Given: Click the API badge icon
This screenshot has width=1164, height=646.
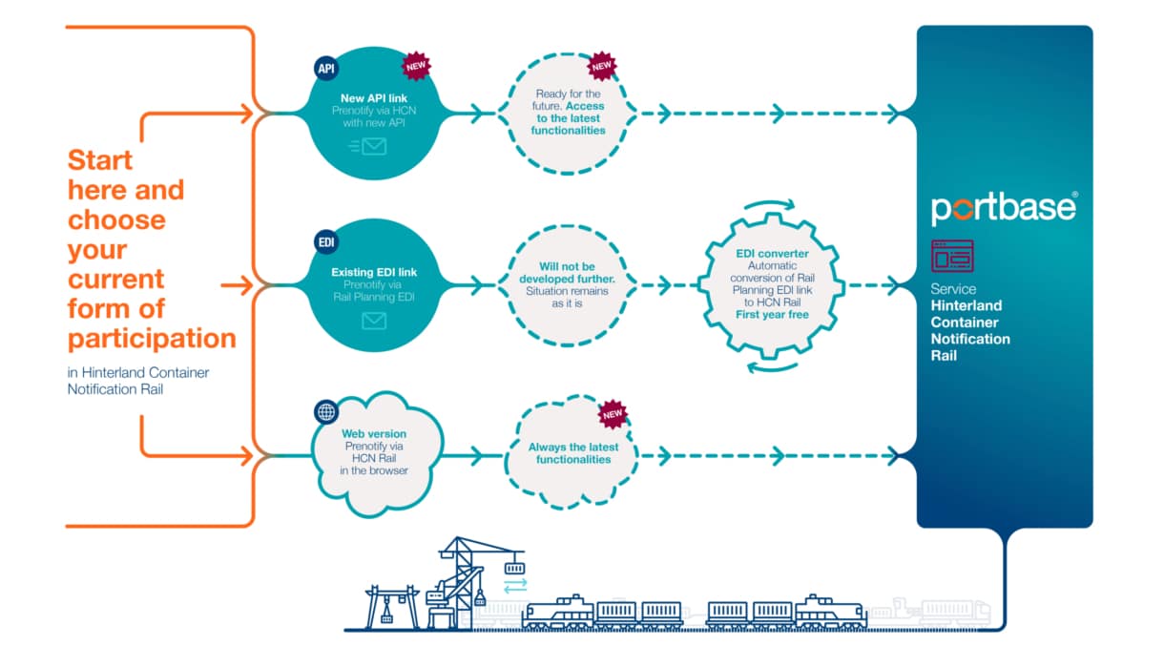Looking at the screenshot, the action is tap(325, 68).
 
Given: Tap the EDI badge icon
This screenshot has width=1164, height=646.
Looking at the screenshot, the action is tap(325, 242).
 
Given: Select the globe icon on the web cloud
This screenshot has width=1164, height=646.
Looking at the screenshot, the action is tap(325, 412).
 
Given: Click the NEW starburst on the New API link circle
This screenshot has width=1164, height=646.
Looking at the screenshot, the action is tap(416, 66).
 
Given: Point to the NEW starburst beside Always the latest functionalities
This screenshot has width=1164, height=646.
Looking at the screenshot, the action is tap(613, 414).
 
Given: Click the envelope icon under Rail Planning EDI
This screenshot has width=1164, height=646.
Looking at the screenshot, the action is tap(374, 321).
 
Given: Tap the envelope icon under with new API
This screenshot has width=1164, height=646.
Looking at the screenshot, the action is tap(368, 147).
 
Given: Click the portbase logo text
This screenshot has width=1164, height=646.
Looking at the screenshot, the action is tap(1004, 208).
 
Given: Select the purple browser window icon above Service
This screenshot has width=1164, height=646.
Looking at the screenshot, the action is tap(952, 256).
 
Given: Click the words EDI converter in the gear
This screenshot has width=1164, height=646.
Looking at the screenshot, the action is tap(772, 254).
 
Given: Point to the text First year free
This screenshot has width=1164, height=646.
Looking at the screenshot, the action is tap(772, 315).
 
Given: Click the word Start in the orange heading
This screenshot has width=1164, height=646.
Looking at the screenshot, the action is tap(100, 160).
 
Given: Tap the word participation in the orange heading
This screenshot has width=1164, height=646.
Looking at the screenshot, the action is tap(152, 340).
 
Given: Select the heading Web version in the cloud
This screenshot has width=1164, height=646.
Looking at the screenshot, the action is tap(374, 433).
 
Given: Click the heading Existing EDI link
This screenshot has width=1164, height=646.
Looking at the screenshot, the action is tap(374, 272).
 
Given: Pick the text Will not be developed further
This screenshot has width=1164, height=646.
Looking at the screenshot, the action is tap(567, 273).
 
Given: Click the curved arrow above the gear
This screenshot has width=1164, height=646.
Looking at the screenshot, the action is tap(770, 203).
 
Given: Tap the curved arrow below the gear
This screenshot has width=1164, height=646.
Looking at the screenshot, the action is tap(772, 368).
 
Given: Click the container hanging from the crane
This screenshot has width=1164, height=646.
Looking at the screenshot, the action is tap(514, 568).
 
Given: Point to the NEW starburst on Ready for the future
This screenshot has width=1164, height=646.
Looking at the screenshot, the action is tap(602, 66).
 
